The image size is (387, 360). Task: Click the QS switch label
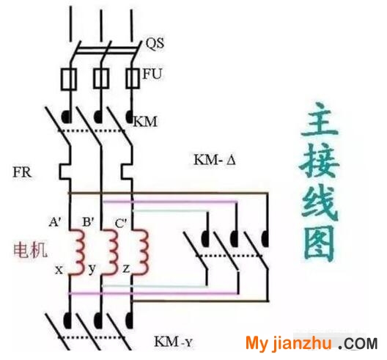click(x=155, y=43)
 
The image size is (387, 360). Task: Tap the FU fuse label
click(x=152, y=74)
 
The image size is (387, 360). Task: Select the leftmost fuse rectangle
click(x=69, y=78)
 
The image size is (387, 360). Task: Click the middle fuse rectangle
click(x=100, y=78)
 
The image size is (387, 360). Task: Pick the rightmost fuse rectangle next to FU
click(x=133, y=78)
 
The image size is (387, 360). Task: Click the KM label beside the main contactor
click(x=145, y=122)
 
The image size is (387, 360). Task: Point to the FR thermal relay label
click(x=22, y=172)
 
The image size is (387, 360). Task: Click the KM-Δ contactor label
click(x=215, y=160)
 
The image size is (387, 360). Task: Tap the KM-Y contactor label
click(x=173, y=342)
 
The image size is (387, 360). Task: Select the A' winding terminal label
click(x=54, y=222)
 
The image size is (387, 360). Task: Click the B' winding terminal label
click(x=88, y=221)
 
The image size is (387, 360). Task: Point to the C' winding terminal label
click(x=121, y=223)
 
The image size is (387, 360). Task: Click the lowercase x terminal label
click(x=59, y=270)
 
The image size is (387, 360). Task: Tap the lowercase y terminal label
click(x=92, y=268)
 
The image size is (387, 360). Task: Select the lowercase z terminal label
click(x=126, y=268)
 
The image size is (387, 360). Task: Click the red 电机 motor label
click(x=30, y=250)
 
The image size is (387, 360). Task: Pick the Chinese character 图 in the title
click(x=319, y=243)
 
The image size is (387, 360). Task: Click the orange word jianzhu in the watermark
click(x=301, y=342)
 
